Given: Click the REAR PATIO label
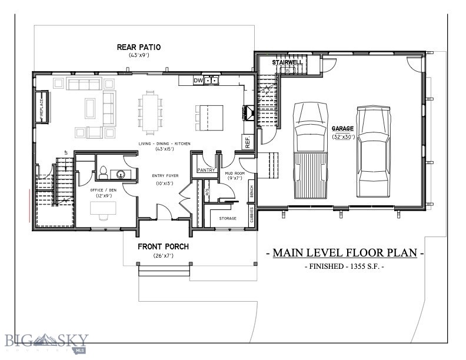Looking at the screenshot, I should click(139, 47).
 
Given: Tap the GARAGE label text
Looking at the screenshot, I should click(342, 128).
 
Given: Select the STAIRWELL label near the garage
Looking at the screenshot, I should click(287, 62).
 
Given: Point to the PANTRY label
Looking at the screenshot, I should click(206, 170).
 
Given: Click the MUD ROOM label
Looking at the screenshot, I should click(235, 174).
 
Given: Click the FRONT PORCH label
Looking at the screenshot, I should click(163, 246).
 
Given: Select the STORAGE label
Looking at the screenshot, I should click(227, 218).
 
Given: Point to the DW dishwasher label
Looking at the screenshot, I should click(198, 81).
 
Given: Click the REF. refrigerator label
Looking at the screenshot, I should click(247, 141).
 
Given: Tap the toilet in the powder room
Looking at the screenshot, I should click(104, 173).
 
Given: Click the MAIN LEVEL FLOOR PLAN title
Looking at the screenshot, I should click(345, 253).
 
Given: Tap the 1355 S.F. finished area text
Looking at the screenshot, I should click(345, 267).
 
